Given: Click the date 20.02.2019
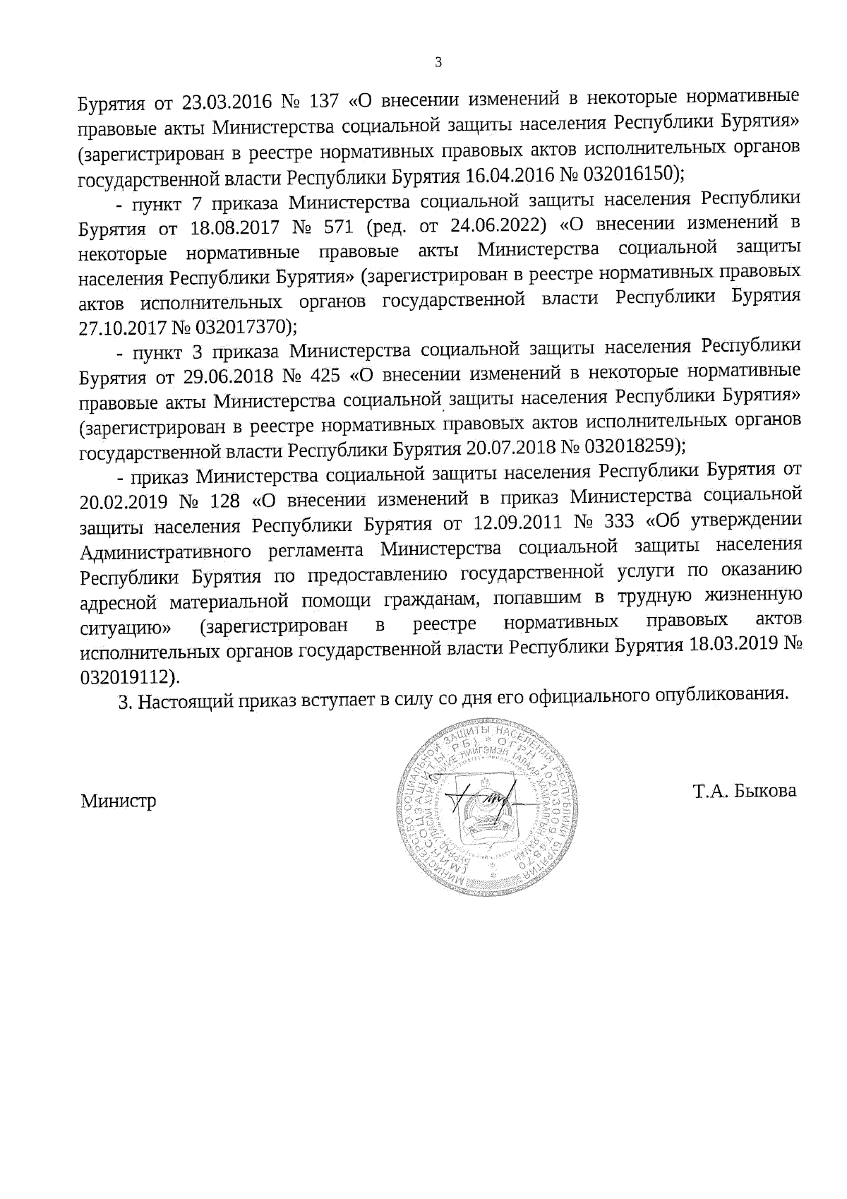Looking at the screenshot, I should [x=124, y=501].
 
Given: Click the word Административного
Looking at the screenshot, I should [x=167, y=550].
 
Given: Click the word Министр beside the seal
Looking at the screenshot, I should [x=119, y=801].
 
